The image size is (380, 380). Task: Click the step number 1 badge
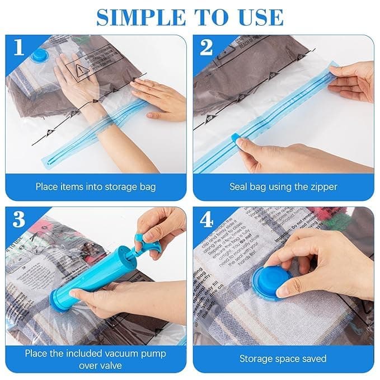19,48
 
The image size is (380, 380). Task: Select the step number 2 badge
207,48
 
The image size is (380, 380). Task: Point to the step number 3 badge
19,219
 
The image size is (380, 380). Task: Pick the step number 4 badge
207,219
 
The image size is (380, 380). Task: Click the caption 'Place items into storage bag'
96,186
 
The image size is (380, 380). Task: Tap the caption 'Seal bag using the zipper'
283,186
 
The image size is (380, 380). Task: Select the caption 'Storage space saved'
283,358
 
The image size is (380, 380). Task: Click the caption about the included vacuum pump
96,358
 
